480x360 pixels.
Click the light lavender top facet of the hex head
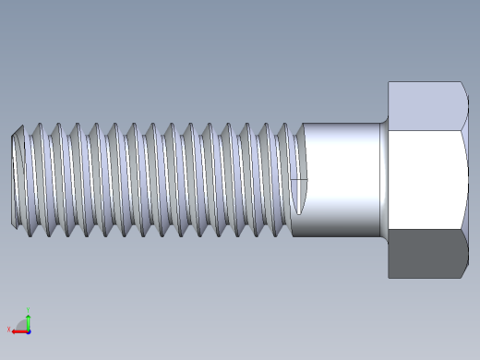pyautogui.click(x=426, y=106)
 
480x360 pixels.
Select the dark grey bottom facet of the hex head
pyautogui.click(x=426, y=254)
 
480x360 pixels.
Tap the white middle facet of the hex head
pyautogui.click(x=426, y=180)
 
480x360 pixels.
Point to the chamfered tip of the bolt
pyautogui.click(x=16, y=180)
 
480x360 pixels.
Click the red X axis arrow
pyautogui.click(x=18, y=330)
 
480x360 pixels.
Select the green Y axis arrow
pyautogui.click(x=29, y=319)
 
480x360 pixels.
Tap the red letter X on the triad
pyautogui.click(x=9, y=330)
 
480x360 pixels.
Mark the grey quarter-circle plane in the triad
pyautogui.click(x=23, y=326)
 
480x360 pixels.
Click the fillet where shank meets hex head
pyautogui.click(x=383, y=180)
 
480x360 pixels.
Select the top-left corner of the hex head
pyautogui.click(x=389, y=83)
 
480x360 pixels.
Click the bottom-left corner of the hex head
pyautogui.click(x=389, y=277)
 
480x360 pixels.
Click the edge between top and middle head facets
pyautogui.click(x=426, y=130)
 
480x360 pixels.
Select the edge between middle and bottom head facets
pyautogui.click(x=426, y=230)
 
